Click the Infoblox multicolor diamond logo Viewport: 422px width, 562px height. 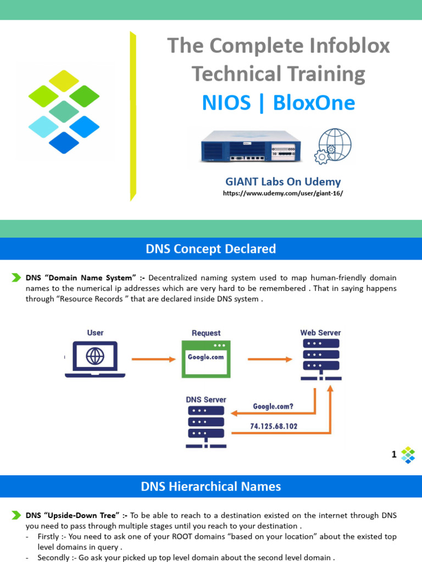click(x=64, y=111)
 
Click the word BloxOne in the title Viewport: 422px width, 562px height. click(x=314, y=103)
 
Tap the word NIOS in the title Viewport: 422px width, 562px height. click(x=226, y=103)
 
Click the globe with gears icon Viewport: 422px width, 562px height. click(x=332, y=146)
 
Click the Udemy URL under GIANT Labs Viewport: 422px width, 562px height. click(x=282, y=194)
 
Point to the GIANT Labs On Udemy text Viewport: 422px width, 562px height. click(x=282, y=182)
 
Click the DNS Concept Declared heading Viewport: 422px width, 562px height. click(x=211, y=249)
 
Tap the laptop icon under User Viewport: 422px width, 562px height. click(x=95, y=359)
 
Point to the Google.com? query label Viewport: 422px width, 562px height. click(x=273, y=407)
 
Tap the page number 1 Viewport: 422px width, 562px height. click(x=394, y=454)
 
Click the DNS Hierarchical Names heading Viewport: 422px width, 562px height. click(x=211, y=486)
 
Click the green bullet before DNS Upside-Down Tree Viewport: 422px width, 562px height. click(x=16, y=515)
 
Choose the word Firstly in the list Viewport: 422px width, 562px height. click(x=50, y=536)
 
